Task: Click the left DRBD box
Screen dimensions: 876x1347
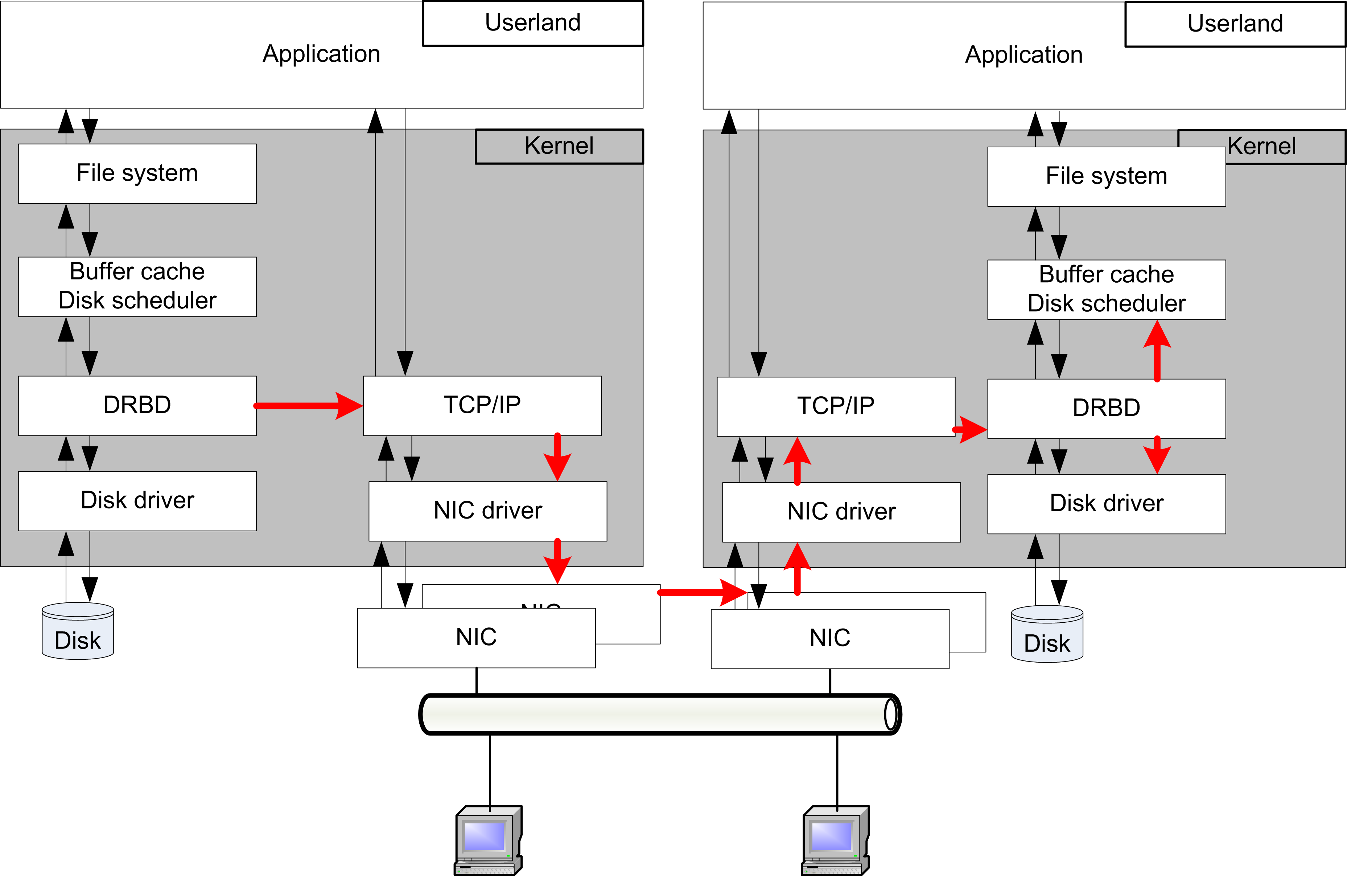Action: click(x=137, y=405)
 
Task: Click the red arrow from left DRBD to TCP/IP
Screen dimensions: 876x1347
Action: click(x=308, y=405)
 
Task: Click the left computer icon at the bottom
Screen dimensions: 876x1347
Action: click(x=488, y=840)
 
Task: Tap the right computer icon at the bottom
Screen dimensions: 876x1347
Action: click(x=835, y=840)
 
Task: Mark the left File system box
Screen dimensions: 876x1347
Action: click(x=137, y=173)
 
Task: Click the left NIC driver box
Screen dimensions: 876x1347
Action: click(x=487, y=511)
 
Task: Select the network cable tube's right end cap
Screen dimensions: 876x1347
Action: click(x=890, y=714)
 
